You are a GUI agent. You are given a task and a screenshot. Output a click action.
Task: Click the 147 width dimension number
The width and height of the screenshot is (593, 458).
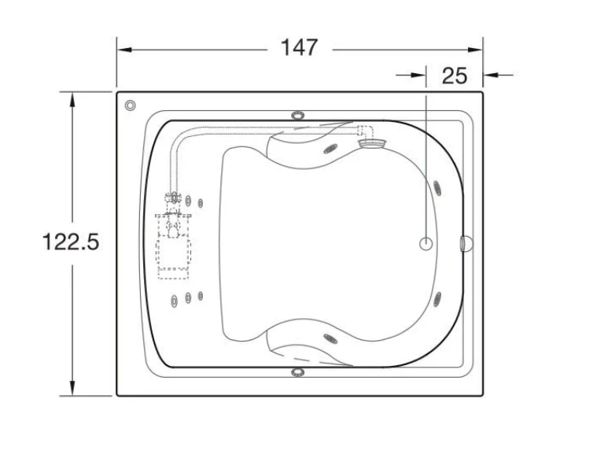click(299, 48)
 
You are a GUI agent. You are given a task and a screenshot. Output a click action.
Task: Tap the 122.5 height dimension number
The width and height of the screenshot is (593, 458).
click(71, 242)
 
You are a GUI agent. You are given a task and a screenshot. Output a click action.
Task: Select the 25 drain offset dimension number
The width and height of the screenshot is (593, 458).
click(455, 76)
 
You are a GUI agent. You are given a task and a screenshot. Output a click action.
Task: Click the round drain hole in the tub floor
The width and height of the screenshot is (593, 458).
click(426, 244)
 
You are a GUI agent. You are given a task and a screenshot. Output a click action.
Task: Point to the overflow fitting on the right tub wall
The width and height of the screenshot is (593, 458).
click(466, 244)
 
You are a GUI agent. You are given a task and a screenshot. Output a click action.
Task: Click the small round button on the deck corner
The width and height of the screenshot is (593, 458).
click(130, 105)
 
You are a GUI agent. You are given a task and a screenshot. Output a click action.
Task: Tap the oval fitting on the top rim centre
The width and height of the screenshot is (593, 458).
click(298, 115)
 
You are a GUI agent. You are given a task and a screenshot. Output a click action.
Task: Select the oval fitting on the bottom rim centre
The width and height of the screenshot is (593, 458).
click(298, 372)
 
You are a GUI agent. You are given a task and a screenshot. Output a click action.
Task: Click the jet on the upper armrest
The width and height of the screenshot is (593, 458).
click(330, 150)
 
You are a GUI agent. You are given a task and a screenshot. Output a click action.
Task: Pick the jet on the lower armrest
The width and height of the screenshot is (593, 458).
click(330, 338)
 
